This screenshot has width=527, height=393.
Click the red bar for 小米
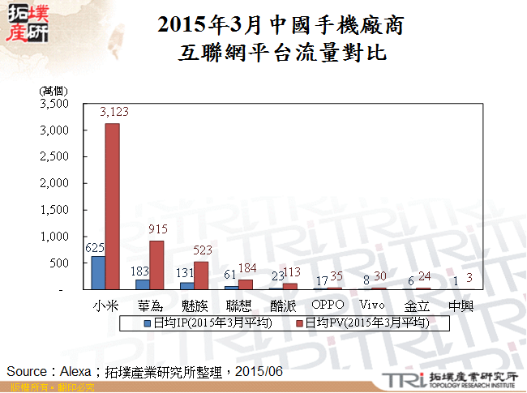(113, 206)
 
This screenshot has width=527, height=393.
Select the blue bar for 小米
(98, 272)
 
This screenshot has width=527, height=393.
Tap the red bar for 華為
(156, 265)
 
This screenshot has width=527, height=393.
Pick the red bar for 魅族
(200, 276)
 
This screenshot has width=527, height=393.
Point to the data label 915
(158, 229)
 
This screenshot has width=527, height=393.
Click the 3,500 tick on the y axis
(54, 104)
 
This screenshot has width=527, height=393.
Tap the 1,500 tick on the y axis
(54, 210)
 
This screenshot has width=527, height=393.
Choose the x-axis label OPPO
(328, 305)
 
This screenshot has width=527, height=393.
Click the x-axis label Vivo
(371, 305)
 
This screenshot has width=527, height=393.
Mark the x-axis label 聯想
(239, 305)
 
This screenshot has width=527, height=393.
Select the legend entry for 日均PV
(361, 323)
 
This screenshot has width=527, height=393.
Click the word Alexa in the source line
(78, 370)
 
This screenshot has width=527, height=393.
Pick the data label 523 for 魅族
(203, 250)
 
